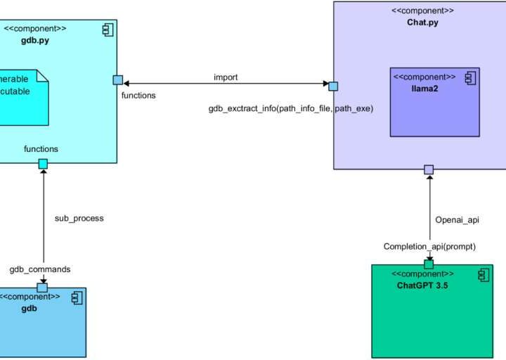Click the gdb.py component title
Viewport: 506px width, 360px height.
(35, 41)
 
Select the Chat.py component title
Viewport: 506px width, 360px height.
(422, 22)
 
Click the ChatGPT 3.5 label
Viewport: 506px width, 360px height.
(423, 285)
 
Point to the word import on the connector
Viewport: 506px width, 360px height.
(226, 77)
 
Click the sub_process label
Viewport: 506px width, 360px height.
(79, 218)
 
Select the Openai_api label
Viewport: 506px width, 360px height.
(457, 220)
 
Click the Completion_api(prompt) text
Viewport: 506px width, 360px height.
(429, 246)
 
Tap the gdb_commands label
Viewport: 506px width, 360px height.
(39, 269)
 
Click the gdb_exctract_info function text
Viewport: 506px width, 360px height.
(290, 109)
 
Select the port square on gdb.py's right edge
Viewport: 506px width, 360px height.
(118, 80)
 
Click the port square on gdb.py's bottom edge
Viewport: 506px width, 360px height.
(43, 164)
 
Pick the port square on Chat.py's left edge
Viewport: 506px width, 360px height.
(333, 86)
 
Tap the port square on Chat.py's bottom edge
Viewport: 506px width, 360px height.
(429, 169)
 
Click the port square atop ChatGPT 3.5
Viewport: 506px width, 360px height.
(429, 264)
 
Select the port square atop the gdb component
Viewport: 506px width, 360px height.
(42, 287)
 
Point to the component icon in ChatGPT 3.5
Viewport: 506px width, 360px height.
(484, 275)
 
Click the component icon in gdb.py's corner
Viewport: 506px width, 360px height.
(108, 29)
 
